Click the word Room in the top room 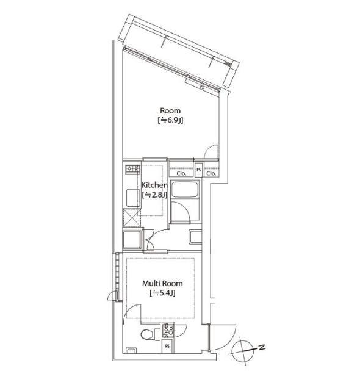coord(170,110)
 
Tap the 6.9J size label coord(170,121)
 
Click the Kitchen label coord(155,185)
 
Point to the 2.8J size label coord(155,195)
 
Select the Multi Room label coord(162,284)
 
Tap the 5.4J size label coord(162,293)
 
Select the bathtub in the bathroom coord(185,189)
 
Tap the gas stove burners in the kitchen coord(133,168)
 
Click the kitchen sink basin coord(133,198)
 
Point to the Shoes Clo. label coord(168,330)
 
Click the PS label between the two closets coord(199,170)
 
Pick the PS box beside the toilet coord(168,347)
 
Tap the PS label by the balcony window coord(202,87)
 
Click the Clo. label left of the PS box coord(181,173)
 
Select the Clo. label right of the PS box coord(211,173)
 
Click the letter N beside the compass coord(262,347)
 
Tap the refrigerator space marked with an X coord(132,217)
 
